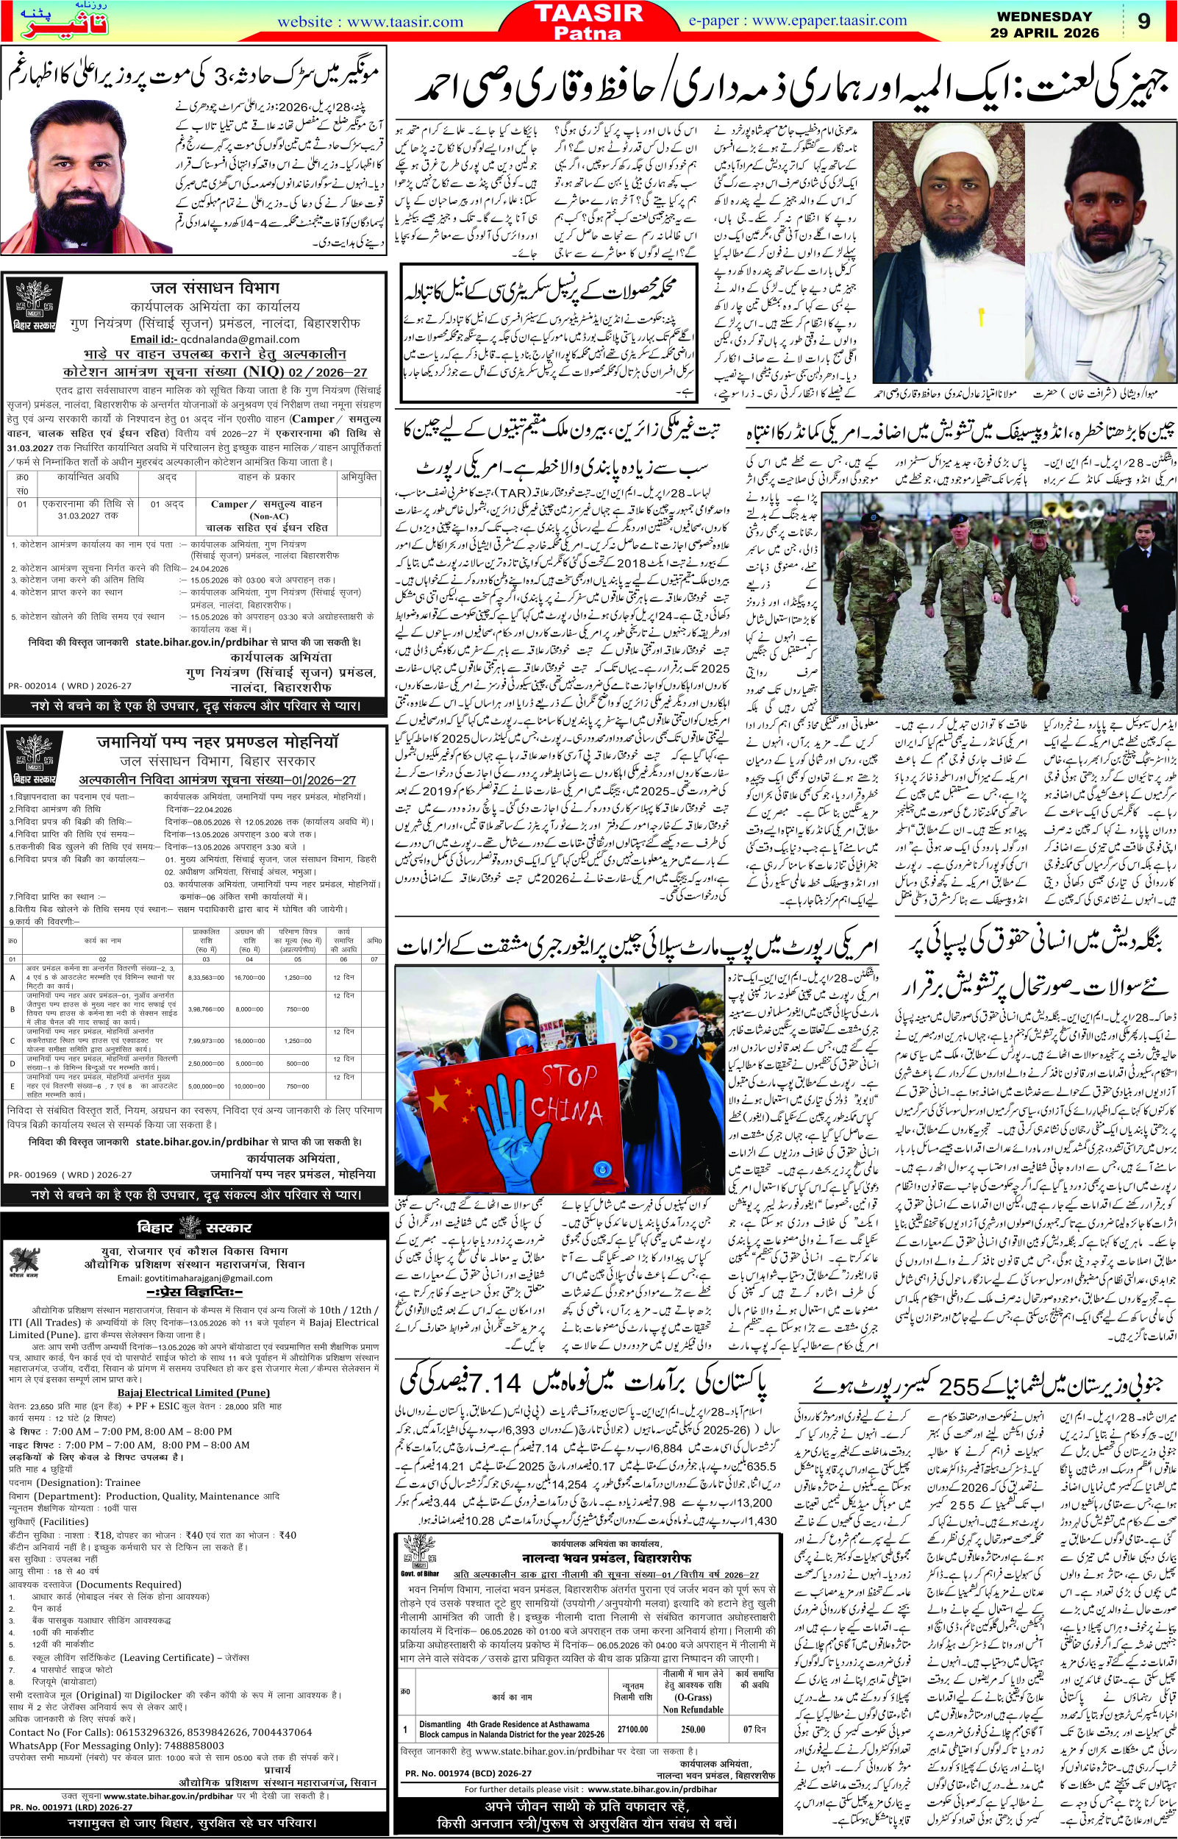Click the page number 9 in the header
pos(1143,21)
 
